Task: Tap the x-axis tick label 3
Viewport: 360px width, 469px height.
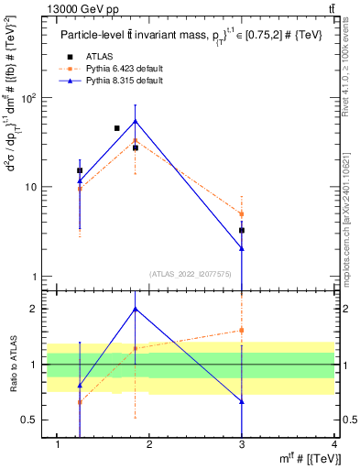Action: [242, 445]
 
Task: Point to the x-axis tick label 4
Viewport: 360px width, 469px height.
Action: [334, 445]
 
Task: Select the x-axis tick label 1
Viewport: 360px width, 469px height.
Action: [58, 445]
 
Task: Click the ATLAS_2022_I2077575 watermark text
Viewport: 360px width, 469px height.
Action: [191, 273]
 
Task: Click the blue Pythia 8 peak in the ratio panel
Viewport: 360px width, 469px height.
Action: [136, 309]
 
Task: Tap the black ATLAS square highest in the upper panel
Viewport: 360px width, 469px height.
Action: [116, 128]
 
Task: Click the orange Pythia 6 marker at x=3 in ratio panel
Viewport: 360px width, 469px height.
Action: [242, 330]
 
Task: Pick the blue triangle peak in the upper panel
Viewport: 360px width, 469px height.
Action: [136, 121]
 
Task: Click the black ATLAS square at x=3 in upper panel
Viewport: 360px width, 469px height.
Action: [242, 231]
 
